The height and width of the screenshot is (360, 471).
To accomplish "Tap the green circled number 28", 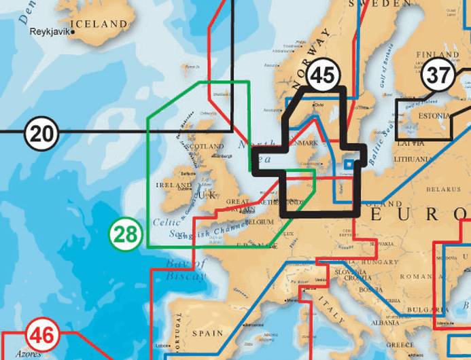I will pos(126,235).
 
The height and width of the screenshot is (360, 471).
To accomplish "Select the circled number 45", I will pos(323,75).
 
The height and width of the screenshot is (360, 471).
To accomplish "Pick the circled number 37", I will pos(437,75).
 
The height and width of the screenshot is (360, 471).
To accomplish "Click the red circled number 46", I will pos(43,336).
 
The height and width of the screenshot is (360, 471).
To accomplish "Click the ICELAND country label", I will pos(99,24).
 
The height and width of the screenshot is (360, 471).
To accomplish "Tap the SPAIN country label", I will pos(207,334).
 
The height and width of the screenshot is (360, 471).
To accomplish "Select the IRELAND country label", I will pos(174,185).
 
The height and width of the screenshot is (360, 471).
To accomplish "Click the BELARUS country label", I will pos(438,190).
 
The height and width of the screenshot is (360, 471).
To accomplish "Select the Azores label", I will pos(28,354).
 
